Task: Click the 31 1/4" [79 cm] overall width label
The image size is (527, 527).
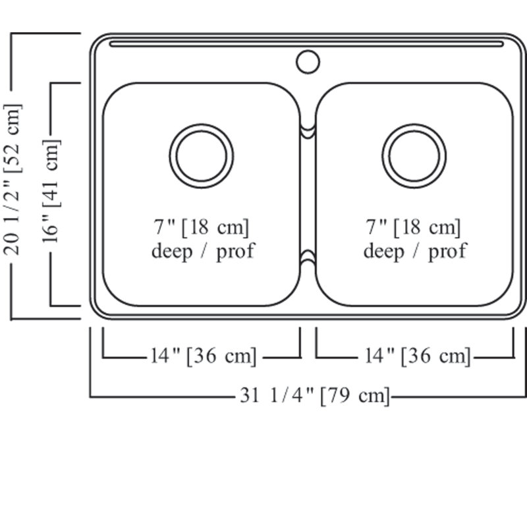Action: (315, 396)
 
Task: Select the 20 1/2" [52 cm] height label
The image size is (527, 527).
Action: (13, 179)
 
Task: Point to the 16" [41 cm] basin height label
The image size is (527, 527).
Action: (51, 191)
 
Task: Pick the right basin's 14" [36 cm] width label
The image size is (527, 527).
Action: (418, 356)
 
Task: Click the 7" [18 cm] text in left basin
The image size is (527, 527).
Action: (202, 227)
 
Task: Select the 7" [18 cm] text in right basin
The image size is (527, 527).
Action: (413, 227)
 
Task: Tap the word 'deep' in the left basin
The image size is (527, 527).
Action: (172, 252)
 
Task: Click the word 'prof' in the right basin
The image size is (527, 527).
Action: (447, 252)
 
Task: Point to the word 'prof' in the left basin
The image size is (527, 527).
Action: (236, 252)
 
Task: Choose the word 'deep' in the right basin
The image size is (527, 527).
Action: (384, 252)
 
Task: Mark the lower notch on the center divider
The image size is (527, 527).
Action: (308, 256)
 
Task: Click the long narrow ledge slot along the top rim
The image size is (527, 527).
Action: (306, 43)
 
